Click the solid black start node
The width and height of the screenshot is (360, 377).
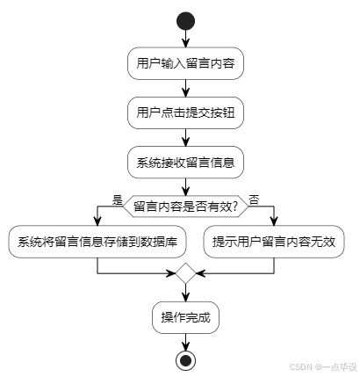185,19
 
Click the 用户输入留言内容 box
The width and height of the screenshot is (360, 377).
185,63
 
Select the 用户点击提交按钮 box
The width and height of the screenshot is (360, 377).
185,113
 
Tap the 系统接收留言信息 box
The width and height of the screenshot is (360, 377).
185,163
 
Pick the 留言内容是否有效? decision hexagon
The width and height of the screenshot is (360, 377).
185,206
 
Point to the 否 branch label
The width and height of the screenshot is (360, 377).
254,199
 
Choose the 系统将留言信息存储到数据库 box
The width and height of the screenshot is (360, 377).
97,242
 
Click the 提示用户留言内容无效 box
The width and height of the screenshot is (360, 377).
274,242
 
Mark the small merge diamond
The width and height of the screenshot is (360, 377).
185,274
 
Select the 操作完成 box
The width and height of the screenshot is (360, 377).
185,316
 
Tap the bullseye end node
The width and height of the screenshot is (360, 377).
185,359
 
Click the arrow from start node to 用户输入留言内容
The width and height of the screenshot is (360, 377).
185,39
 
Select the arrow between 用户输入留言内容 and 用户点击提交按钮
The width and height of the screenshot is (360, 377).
185,88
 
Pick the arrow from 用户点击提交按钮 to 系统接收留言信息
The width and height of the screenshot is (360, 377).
185,138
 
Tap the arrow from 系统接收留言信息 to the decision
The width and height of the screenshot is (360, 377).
185,186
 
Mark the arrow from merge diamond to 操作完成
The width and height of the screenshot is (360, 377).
185,293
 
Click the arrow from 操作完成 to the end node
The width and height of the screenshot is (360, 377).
185,340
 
